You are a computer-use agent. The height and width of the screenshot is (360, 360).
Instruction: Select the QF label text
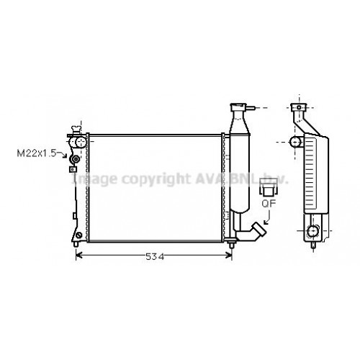pos(267,204)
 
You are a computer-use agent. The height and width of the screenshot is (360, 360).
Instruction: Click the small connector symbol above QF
pos(267,189)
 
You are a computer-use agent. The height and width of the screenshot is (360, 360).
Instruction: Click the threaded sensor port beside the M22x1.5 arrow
pos(75,158)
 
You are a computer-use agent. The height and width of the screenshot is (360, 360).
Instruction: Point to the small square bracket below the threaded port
pos(72,170)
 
